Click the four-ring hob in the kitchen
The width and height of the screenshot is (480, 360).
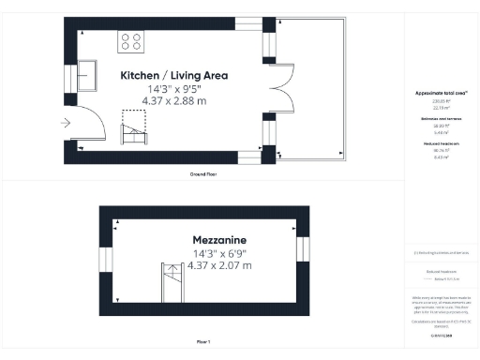tap(131, 41)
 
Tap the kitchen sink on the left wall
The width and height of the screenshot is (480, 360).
tap(88, 73)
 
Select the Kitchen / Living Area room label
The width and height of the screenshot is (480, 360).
tap(174, 75)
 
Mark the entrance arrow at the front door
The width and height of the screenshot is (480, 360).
tap(66, 123)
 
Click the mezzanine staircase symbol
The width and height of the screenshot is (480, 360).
tap(171, 282)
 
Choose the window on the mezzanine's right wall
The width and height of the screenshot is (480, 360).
tap(302, 249)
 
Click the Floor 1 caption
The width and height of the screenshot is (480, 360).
tap(203, 342)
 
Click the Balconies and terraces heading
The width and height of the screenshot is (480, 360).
tap(441, 120)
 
